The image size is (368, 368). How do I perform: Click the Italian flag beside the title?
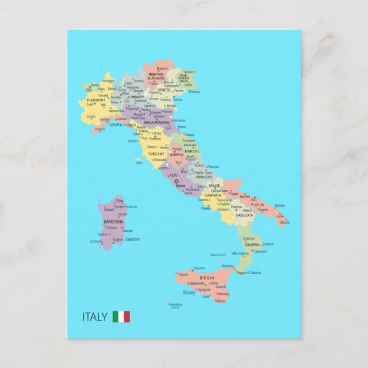121,317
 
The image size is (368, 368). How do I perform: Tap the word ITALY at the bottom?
95,317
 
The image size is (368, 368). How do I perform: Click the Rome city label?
181,187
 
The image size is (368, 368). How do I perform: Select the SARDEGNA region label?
113,221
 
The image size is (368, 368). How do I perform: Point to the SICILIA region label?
207,278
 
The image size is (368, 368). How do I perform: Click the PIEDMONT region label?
96,99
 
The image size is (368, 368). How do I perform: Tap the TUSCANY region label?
157,154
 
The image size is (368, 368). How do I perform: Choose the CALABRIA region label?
251,245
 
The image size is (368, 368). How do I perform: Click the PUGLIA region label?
258,205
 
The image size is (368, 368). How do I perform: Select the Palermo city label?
199,268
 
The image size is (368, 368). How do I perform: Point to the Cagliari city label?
118,240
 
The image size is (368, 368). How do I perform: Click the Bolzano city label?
162,69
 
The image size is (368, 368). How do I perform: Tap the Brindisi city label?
280,205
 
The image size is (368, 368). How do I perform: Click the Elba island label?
139,162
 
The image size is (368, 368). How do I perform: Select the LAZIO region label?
173,175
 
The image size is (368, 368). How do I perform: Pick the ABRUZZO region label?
204,177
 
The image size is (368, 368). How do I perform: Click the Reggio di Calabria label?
249,273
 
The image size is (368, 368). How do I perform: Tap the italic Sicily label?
189,293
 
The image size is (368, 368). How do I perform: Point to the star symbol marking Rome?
177,182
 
